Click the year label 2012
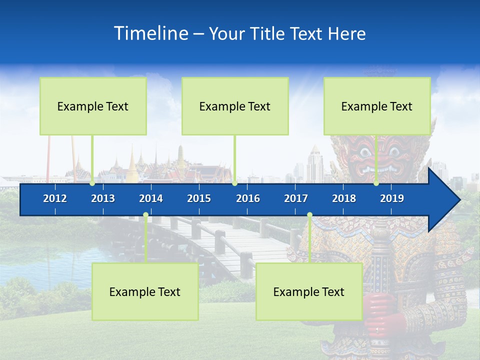pyautogui.click(x=55, y=198)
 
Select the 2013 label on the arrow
pyautogui.click(x=103, y=198)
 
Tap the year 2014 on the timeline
pyautogui.click(x=151, y=198)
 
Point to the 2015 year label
pyautogui.click(x=199, y=198)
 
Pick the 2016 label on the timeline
pyautogui.click(x=248, y=198)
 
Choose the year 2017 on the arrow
pyautogui.click(x=296, y=198)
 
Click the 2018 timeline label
pyautogui.click(x=344, y=198)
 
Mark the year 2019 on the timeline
pyautogui.click(x=392, y=198)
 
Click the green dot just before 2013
pyautogui.click(x=92, y=183)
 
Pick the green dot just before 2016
pyautogui.click(x=234, y=183)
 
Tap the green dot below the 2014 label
pyautogui.click(x=145, y=215)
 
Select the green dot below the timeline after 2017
pyautogui.click(x=309, y=215)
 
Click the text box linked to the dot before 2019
pyautogui.click(x=376, y=106)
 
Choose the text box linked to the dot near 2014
pyautogui.click(x=145, y=291)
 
